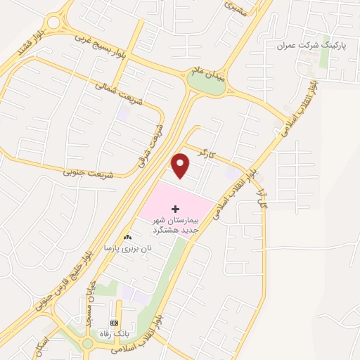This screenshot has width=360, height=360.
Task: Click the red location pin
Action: pyautogui.click(x=181, y=165)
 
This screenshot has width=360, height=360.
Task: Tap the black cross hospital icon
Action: pyautogui.click(x=175, y=210)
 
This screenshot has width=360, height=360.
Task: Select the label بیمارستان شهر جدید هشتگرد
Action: pyautogui.click(x=176, y=225)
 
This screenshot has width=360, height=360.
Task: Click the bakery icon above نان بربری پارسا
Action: pyautogui.click(x=128, y=238)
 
